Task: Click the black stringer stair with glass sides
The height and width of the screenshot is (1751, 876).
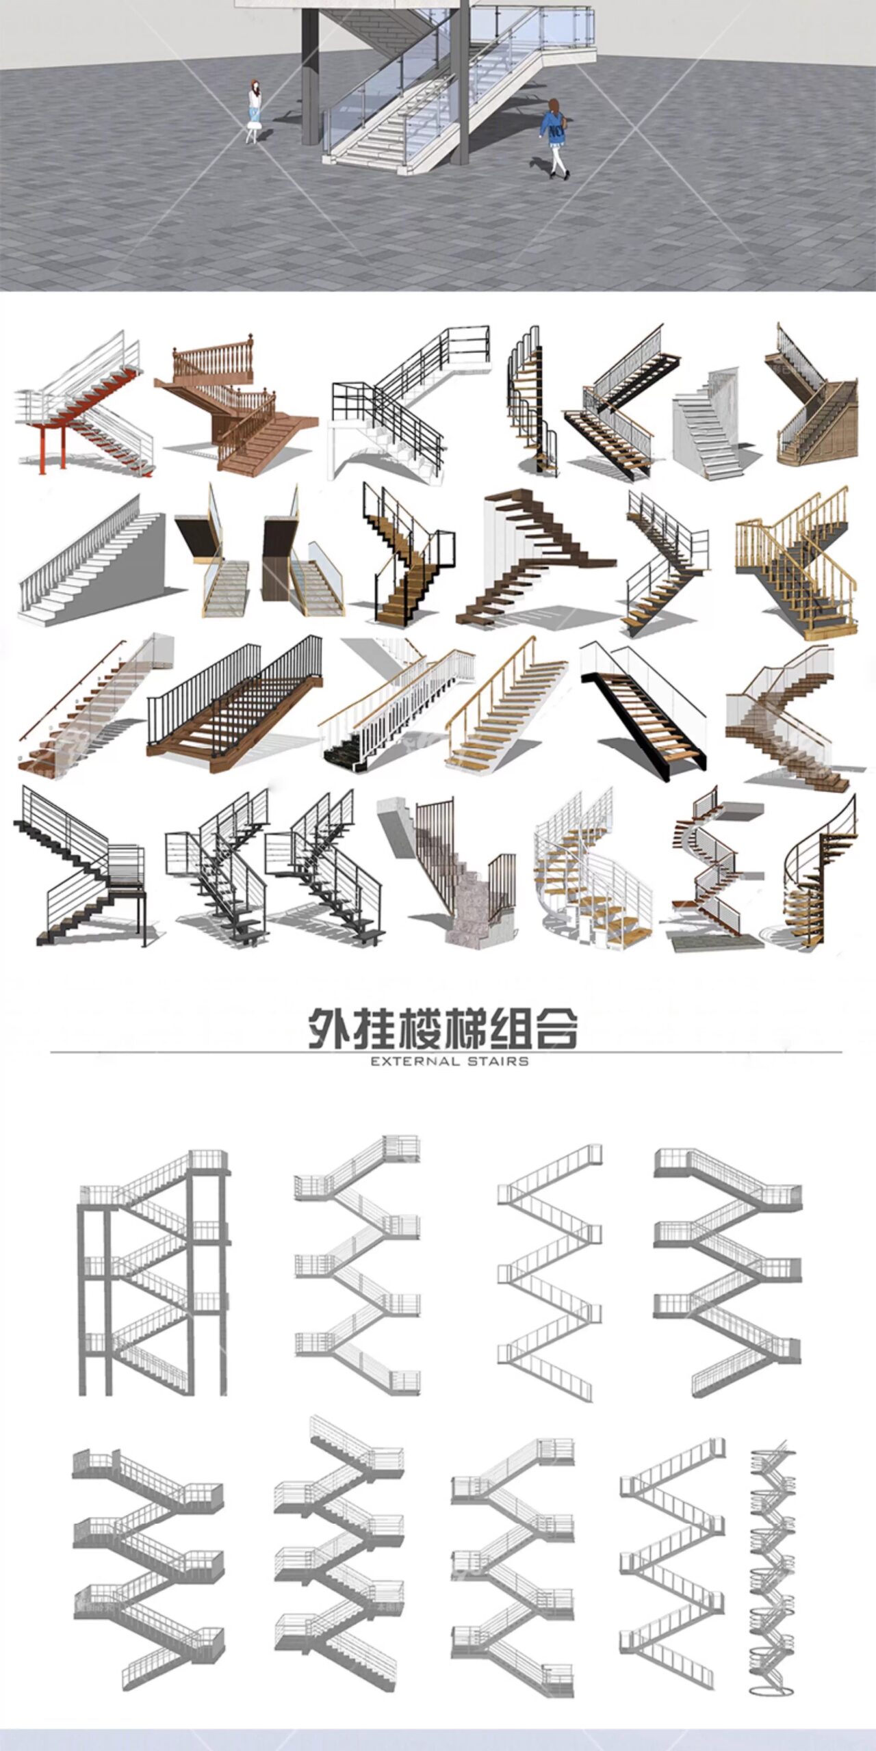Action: click(x=643, y=711)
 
